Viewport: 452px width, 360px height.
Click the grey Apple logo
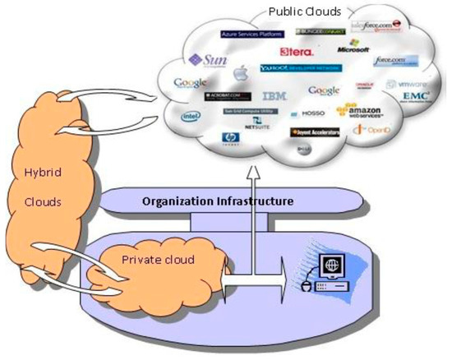click(x=240, y=75)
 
